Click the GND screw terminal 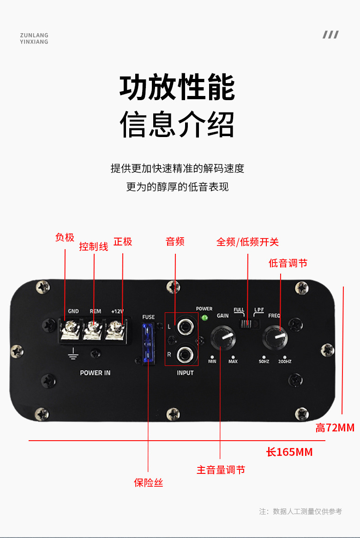coord(72,329)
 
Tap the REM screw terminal coord(95,329)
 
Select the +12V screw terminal coord(116,329)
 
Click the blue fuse coord(148,343)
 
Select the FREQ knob coord(275,338)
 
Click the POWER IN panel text coord(95,373)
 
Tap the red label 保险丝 coord(148,483)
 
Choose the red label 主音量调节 coord(221,470)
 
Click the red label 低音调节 coord(288,263)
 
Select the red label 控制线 coord(94,246)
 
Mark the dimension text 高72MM coord(335,428)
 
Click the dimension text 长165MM coord(289,452)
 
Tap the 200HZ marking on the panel coord(284,361)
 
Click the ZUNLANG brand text coord(34,35)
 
